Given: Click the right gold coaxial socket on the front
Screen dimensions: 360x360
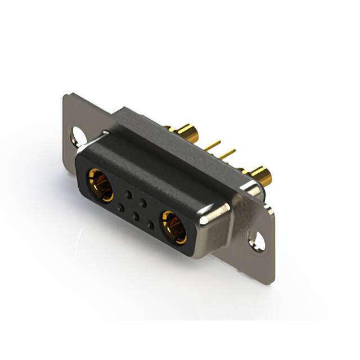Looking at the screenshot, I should [x=173, y=226].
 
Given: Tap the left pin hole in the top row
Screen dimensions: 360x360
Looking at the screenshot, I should [x=128, y=194].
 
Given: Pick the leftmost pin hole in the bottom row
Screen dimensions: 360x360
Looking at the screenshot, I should [x=120, y=208].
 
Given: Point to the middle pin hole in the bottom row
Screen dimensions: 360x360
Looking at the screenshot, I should [x=135, y=216].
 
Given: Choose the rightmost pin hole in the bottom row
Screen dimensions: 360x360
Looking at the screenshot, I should [x=150, y=224].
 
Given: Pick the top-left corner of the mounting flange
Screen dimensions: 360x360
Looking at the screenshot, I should [x=67, y=96].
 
